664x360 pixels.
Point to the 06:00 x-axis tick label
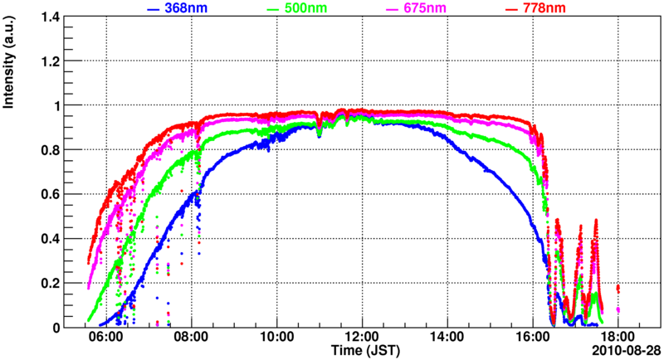click(106, 338)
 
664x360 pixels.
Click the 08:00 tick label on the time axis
click(192, 338)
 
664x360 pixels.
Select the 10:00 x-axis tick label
click(276, 338)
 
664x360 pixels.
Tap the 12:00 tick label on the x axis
click(362, 338)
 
